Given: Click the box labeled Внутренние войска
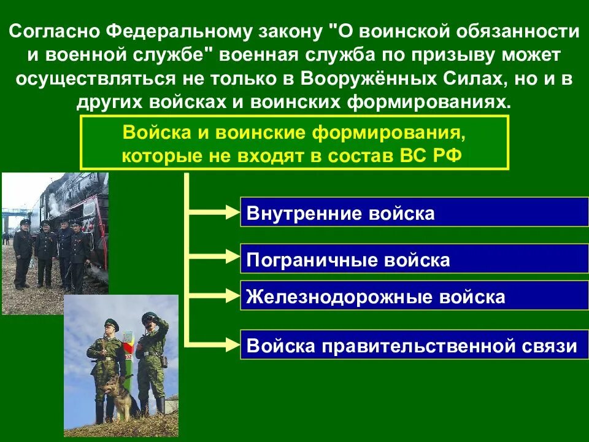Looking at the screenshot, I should click(x=414, y=212).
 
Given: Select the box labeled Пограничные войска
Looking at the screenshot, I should click(x=414, y=259).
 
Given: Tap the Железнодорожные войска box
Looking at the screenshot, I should click(x=414, y=297).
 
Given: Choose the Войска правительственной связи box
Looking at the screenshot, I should click(x=414, y=345).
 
